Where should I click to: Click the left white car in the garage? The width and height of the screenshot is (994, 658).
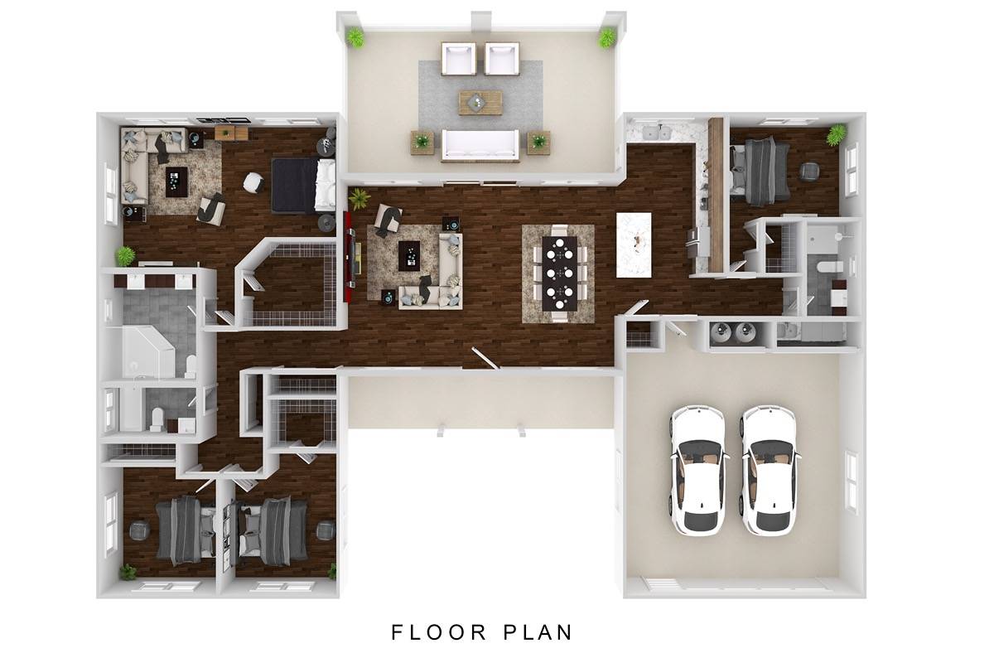pyautogui.click(x=698, y=470)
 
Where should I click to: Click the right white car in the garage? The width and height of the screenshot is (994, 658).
pyautogui.click(x=770, y=470)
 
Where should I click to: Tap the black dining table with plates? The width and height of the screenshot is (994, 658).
pyautogui.click(x=560, y=273)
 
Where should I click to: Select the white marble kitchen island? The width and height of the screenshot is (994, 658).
pyautogui.click(x=634, y=244)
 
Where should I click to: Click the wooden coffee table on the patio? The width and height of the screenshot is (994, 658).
pyautogui.click(x=480, y=103)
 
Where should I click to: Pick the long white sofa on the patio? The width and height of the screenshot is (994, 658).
pyautogui.click(x=480, y=145)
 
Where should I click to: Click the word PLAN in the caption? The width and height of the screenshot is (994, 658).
pyautogui.click(x=538, y=632)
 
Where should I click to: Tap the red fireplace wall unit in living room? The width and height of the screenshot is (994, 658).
pyautogui.click(x=349, y=257)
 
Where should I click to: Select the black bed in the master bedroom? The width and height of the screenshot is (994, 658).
pyautogui.click(x=303, y=186)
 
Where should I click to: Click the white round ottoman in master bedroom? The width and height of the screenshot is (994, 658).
pyautogui.click(x=253, y=182)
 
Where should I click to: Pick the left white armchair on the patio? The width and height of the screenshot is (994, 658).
pyautogui.click(x=459, y=58)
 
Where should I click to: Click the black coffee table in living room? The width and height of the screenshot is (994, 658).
pyautogui.click(x=409, y=256)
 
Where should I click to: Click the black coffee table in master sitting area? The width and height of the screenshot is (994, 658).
pyautogui.click(x=176, y=181)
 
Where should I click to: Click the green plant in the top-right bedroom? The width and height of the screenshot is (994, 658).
pyautogui.click(x=836, y=134)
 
